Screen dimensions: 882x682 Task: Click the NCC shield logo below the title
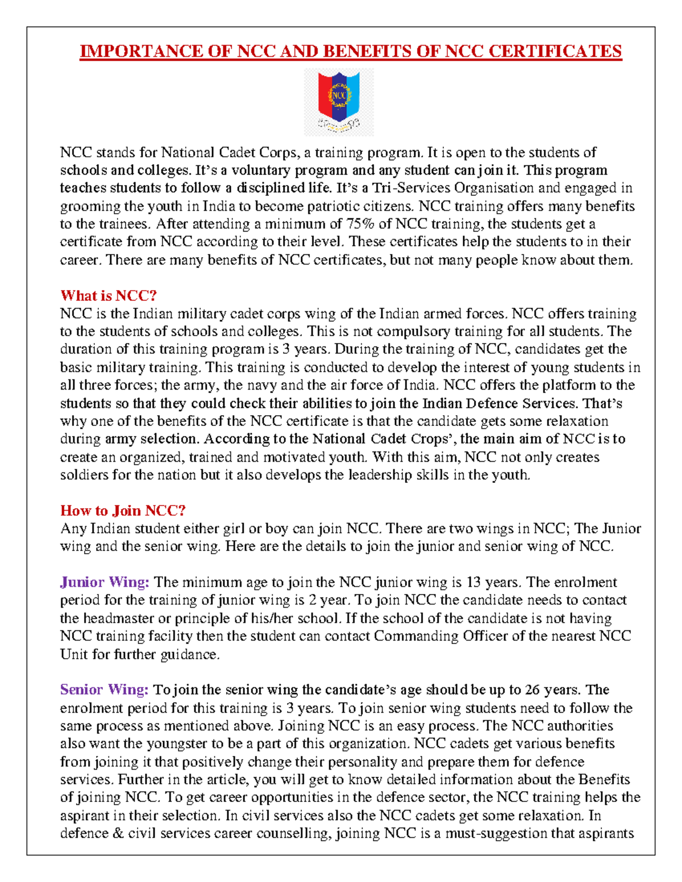[x=339, y=102]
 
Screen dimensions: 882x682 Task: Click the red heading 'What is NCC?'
[x=109, y=296]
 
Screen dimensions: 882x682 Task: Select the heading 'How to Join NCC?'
[x=123, y=511]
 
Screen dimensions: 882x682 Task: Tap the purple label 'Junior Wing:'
[x=105, y=582]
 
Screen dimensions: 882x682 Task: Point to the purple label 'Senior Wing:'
[x=105, y=690]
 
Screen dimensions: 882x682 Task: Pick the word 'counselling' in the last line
[x=293, y=834]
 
